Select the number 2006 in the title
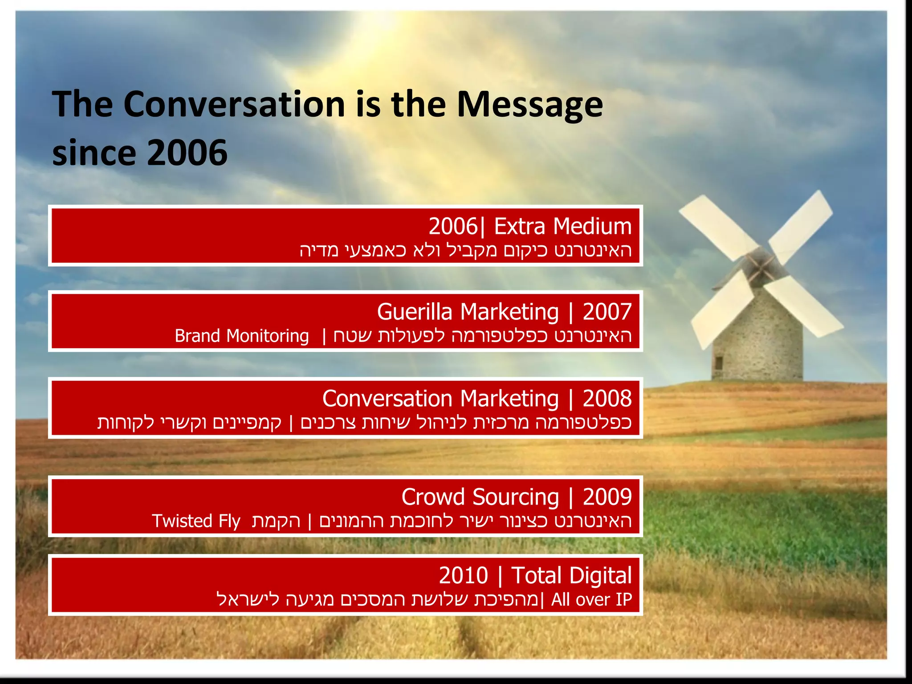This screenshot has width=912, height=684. point(187,152)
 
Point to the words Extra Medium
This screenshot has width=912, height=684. point(563,226)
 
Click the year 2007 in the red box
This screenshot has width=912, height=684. point(607,312)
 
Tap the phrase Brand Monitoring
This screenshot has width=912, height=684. point(241,336)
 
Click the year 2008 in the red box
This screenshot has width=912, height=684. point(607,398)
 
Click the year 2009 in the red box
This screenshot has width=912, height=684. point(607,497)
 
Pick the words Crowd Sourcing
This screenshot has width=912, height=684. point(480,497)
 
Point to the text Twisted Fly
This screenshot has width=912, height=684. point(196,521)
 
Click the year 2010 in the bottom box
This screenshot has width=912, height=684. point(464,575)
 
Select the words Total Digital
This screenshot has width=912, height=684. point(571,575)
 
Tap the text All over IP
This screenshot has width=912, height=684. point(591,599)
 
